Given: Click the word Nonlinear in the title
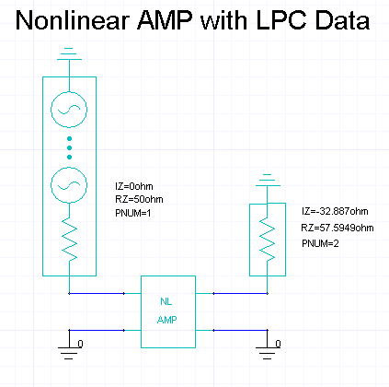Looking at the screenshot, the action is point(73,20).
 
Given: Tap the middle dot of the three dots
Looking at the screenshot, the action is point(69,148).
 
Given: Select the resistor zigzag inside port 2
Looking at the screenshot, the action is point(268,240).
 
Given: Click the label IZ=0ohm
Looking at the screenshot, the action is point(134,186).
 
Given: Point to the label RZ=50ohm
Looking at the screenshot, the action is point(139,199).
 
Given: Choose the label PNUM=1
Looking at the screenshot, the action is point(133,213).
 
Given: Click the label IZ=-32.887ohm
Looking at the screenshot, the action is point(335,211).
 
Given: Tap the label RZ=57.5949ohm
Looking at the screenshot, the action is point(338,228).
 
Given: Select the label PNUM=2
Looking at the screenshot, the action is point(320,243).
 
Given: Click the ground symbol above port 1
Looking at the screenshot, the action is point(69,54).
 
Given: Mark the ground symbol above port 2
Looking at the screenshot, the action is point(268,181).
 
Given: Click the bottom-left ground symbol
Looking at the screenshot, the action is point(69,347).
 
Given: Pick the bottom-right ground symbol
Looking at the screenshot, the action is point(268,347).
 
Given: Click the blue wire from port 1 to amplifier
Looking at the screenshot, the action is point(97,293).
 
